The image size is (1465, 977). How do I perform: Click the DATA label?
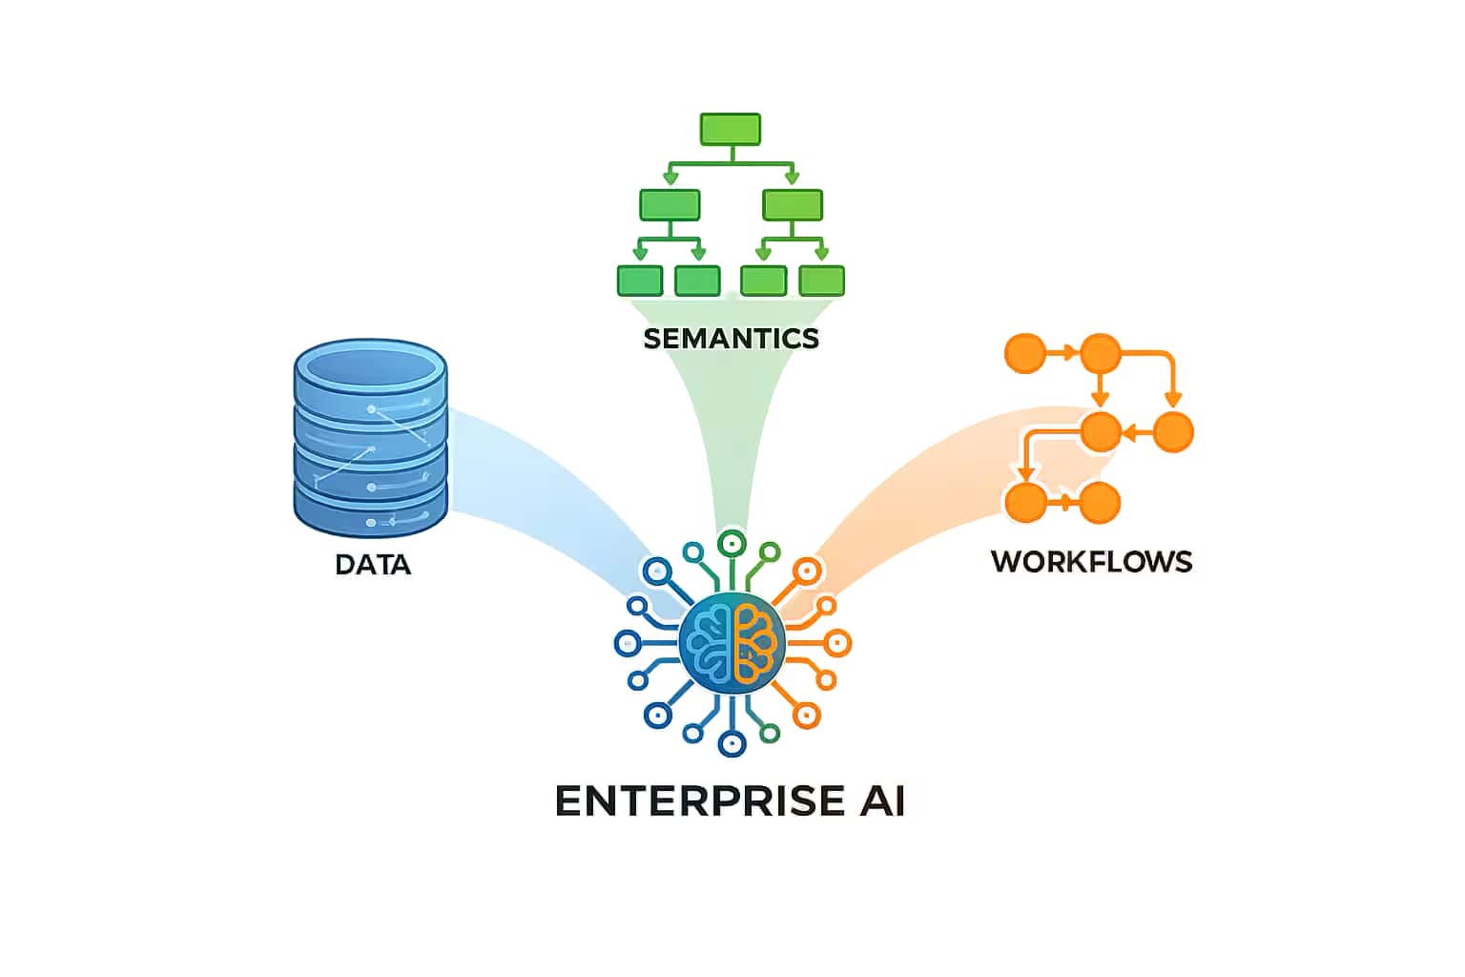(x=373, y=565)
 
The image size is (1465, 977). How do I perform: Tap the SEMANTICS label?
(x=731, y=339)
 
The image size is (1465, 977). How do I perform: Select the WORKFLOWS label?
(x=1091, y=561)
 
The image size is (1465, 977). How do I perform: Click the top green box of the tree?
(x=731, y=130)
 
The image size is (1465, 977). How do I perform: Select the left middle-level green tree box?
(x=670, y=205)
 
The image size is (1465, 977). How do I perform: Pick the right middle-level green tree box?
(x=793, y=205)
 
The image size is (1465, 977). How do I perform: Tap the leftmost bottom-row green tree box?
(x=640, y=281)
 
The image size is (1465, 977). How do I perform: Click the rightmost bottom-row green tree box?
(x=821, y=281)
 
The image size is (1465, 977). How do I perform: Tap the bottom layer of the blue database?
(x=370, y=510)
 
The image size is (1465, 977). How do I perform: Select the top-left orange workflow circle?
(x=1026, y=353)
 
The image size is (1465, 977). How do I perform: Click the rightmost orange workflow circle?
(x=1173, y=432)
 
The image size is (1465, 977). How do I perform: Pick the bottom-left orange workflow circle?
(x=1026, y=502)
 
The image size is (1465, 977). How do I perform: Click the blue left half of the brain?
(x=708, y=642)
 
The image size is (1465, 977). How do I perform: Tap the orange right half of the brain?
(x=756, y=642)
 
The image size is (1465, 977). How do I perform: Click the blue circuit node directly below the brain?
(x=732, y=742)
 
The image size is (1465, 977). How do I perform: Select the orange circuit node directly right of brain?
(x=836, y=643)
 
